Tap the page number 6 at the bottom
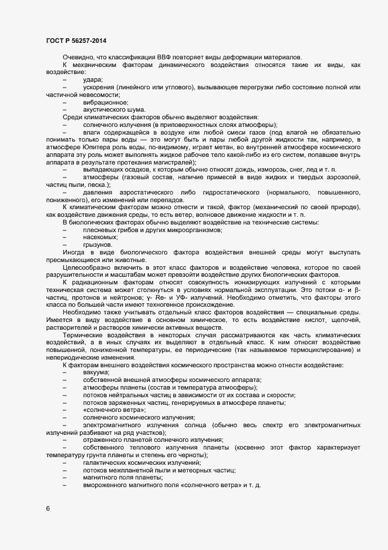click(x=48, y=508)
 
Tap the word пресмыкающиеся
click(x=75, y=260)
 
